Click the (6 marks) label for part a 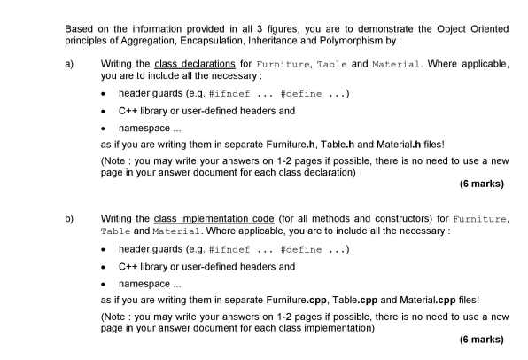point(482,184)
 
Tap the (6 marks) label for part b point(482,339)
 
